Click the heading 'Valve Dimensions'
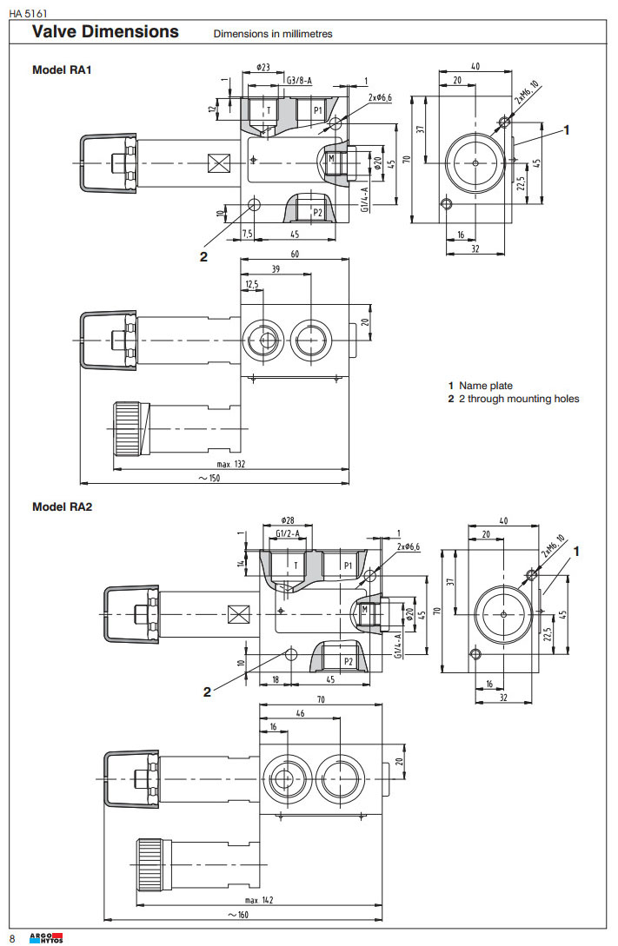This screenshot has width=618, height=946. point(105,32)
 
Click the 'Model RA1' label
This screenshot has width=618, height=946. point(62,69)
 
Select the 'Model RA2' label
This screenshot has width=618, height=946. point(62,506)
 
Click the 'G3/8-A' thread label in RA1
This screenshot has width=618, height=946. point(299,80)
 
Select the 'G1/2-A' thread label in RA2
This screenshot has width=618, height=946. point(288,533)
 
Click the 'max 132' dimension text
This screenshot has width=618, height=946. point(230,464)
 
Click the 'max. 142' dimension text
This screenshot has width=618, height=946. point(258,899)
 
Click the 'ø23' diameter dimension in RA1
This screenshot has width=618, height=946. point(263,66)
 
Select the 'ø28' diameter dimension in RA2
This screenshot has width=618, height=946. point(287,519)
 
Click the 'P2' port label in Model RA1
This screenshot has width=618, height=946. point(318,212)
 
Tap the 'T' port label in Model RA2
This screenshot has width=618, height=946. point(296,565)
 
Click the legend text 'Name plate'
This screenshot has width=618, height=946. point(486,386)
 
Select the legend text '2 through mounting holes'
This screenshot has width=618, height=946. point(519,399)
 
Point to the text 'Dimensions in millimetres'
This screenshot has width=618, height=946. point(273,35)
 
